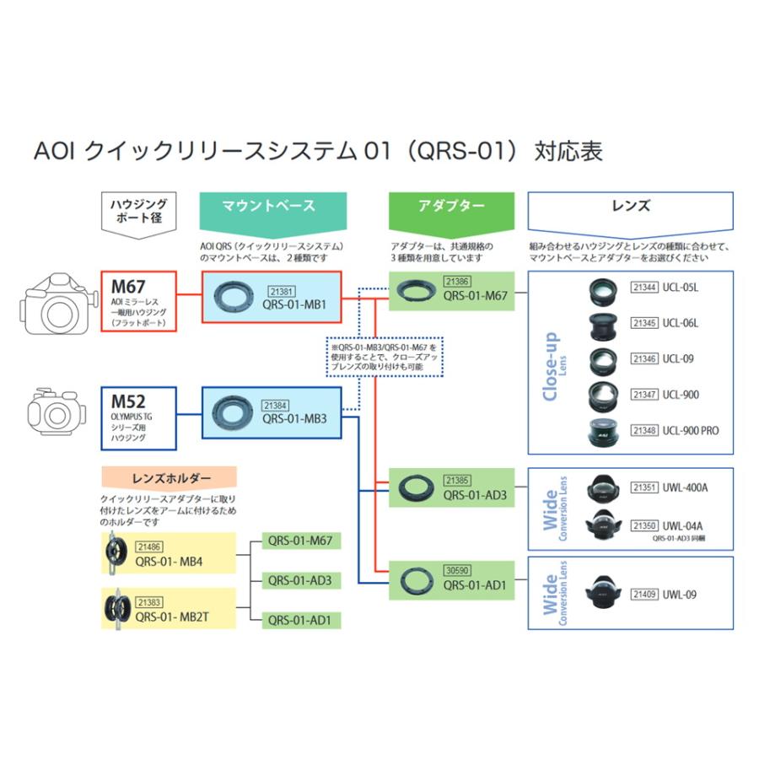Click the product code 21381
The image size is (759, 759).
282,288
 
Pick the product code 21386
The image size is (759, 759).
456,282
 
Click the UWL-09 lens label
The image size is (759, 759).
679,595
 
